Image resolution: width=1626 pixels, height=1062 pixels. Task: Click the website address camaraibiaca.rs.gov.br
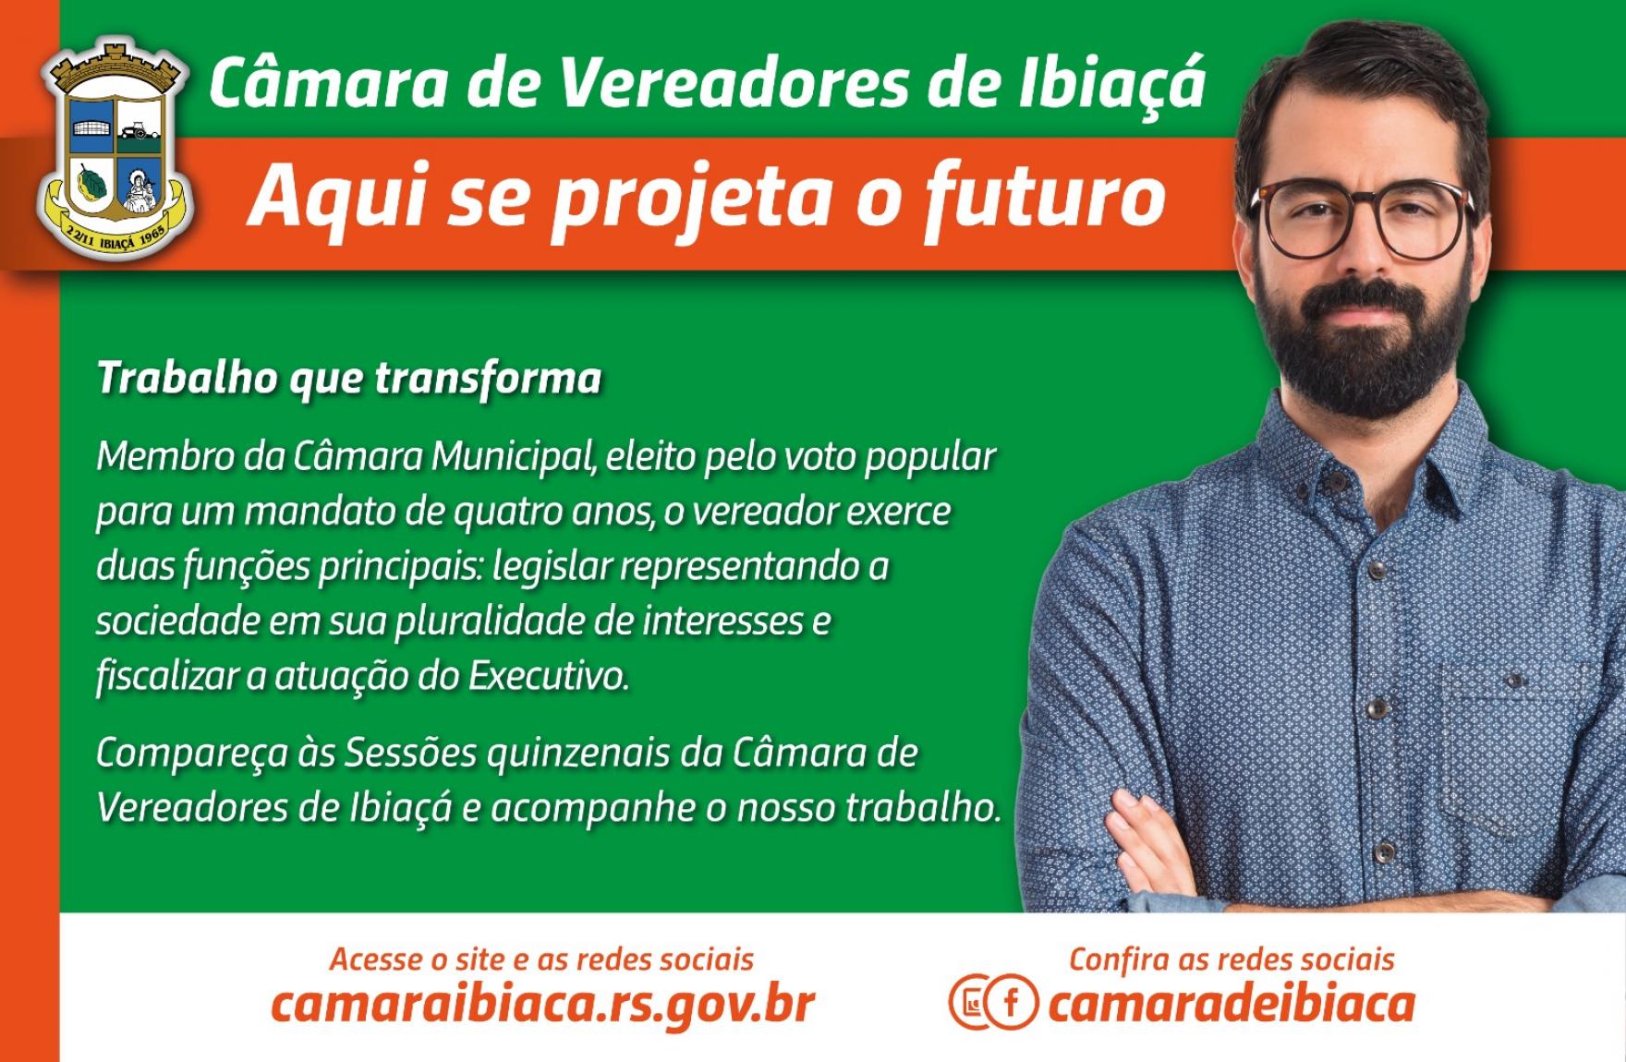point(543,1004)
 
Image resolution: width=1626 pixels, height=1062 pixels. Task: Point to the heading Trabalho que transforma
point(349,380)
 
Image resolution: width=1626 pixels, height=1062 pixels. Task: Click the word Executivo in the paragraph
point(549,677)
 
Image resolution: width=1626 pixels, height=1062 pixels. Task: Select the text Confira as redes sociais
point(1232,959)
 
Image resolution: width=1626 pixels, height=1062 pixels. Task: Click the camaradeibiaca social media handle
point(1232,1004)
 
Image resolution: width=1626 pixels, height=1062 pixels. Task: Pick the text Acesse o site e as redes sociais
point(541,959)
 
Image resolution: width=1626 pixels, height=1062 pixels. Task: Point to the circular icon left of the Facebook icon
point(972,1002)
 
